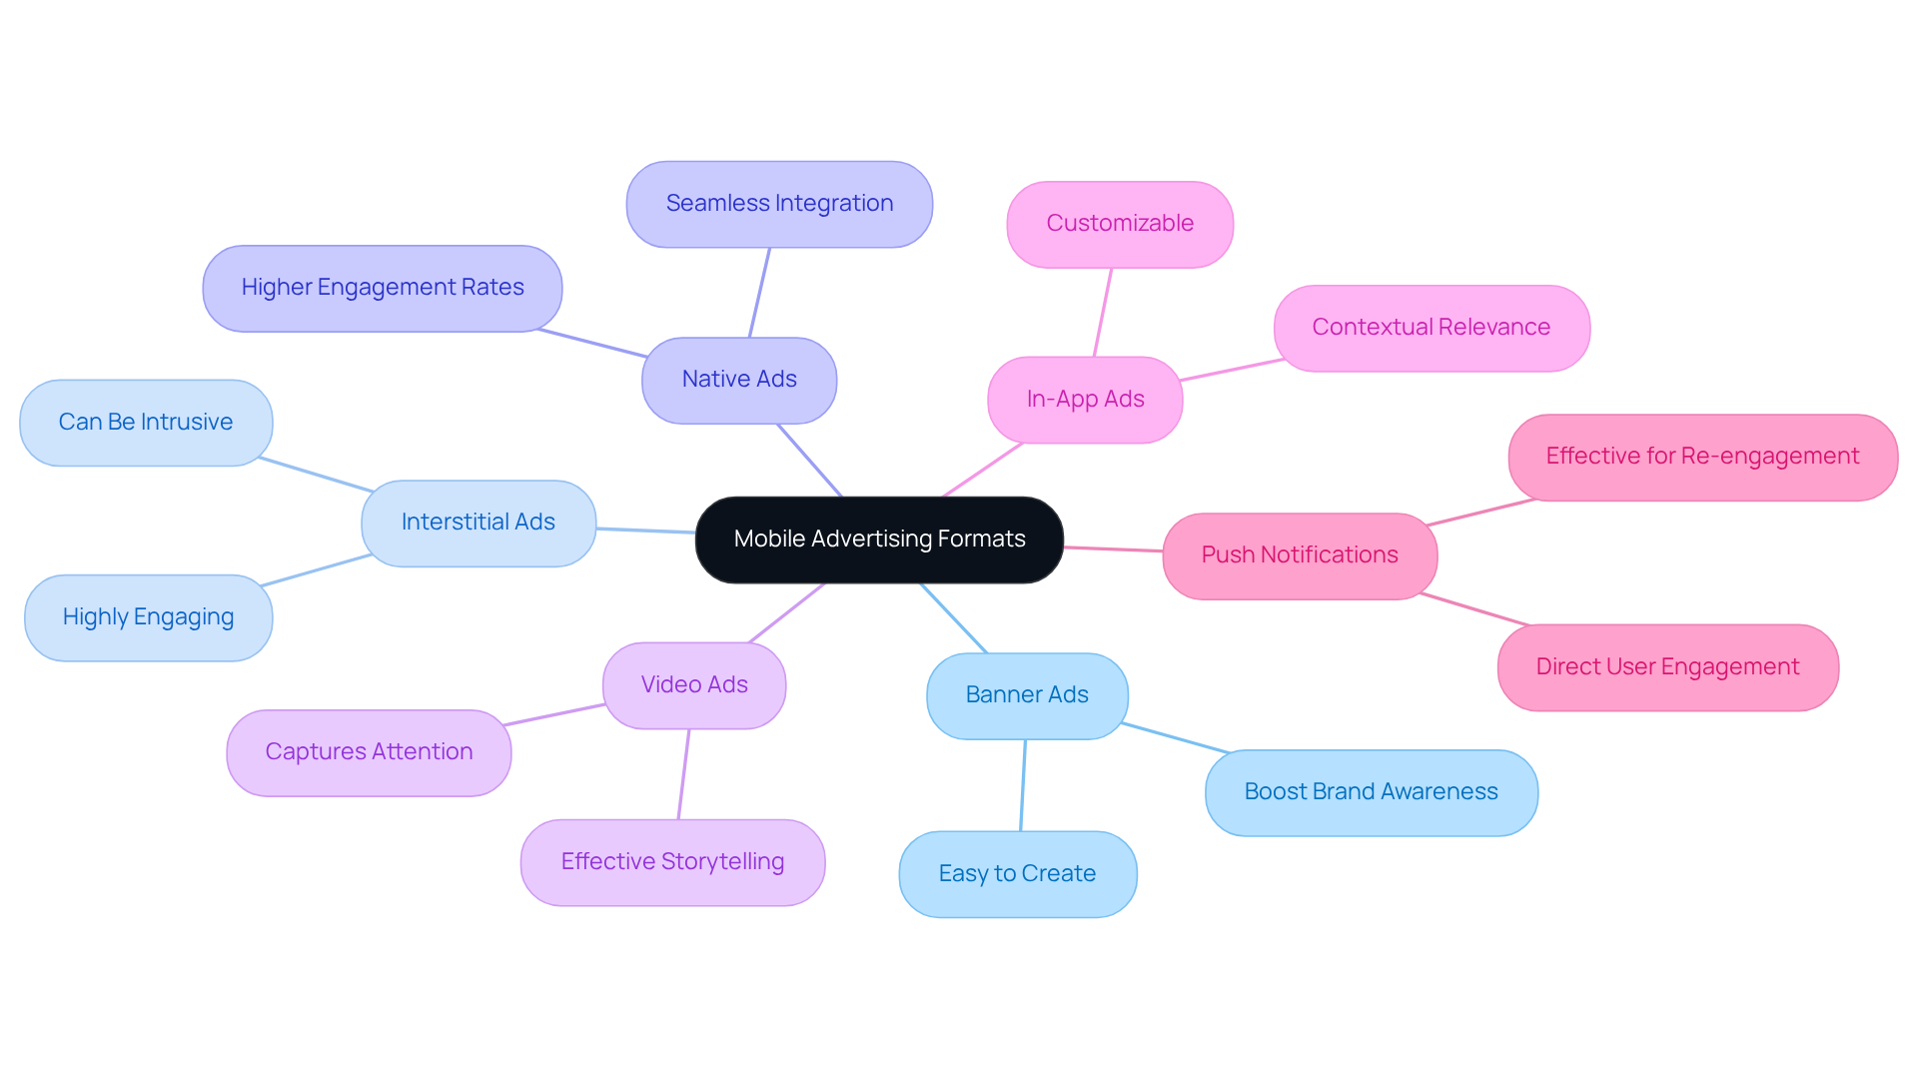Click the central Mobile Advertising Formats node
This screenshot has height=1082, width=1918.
(x=879, y=540)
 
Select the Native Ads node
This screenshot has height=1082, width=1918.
(x=739, y=380)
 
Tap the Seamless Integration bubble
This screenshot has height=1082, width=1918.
(x=779, y=204)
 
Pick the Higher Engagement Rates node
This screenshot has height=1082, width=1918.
(x=382, y=288)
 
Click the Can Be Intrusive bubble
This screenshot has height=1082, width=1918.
(x=146, y=423)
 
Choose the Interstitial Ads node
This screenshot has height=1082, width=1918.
(x=479, y=523)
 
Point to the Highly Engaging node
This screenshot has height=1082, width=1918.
(x=148, y=617)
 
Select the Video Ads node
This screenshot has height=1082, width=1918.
(x=694, y=685)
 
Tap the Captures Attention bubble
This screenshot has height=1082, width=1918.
(x=369, y=752)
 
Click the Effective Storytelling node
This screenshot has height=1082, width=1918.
(x=672, y=862)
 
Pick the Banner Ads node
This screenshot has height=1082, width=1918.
(x=1027, y=695)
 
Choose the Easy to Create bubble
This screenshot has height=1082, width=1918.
(x=1017, y=874)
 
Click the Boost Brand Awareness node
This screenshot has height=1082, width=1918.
(x=1371, y=792)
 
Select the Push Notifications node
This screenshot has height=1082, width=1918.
(x=1300, y=555)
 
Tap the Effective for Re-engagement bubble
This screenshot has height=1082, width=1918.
(x=1702, y=457)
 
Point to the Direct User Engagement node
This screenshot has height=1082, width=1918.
(x=1667, y=667)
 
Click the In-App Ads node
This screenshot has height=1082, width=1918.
(x=1085, y=400)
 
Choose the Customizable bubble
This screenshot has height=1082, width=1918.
(x=1120, y=224)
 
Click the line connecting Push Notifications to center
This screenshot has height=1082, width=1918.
(x=1114, y=548)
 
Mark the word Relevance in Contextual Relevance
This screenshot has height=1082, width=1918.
(x=1493, y=328)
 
